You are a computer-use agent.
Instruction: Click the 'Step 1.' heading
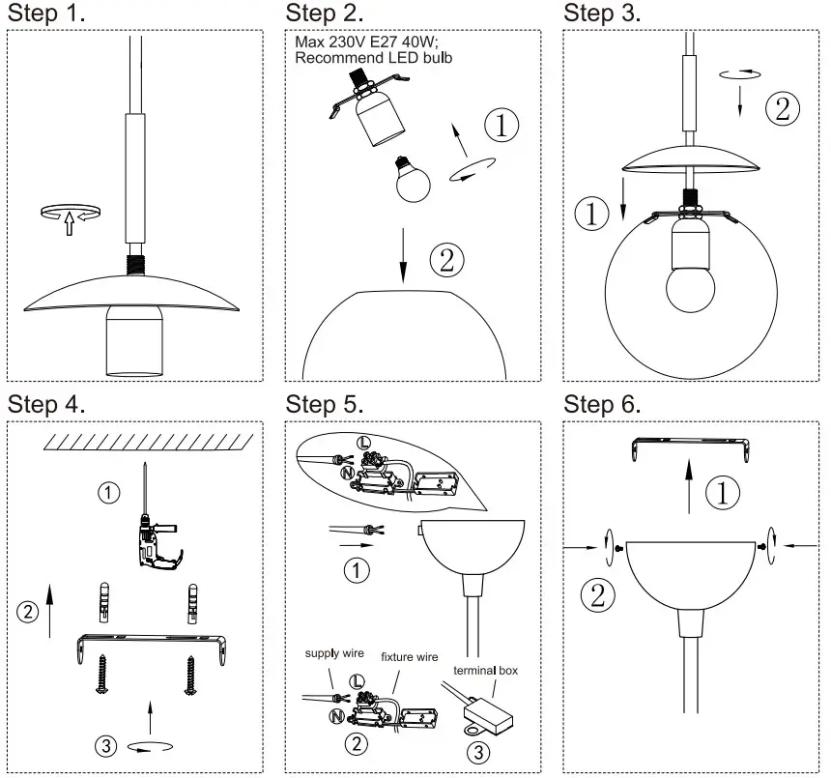(46, 14)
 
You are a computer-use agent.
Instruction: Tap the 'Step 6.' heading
(602, 403)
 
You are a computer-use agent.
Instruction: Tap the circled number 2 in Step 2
(445, 259)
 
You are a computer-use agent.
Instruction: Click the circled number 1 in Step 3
(591, 212)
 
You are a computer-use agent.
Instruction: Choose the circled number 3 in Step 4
(107, 745)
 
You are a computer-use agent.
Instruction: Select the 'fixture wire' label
(410, 657)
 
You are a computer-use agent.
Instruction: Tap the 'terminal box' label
(486, 669)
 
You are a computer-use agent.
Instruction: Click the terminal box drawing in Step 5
(487, 714)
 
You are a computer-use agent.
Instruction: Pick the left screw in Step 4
(101, 676)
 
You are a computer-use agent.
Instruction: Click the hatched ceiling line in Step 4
(149, 443)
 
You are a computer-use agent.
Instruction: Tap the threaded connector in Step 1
(134, 262)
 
